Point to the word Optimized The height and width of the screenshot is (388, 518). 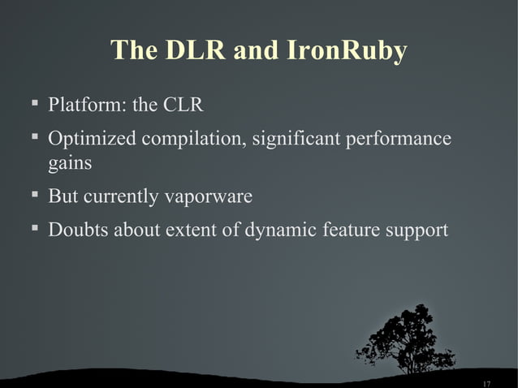[x=92, y=140]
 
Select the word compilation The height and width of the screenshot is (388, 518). [x=193, y=140]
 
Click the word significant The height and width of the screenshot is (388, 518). [x=296, y=140]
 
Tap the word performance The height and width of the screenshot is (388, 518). [x=399, y=140]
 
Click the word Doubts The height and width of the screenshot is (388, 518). [x=79, y=231]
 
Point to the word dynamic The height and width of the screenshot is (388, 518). [x=285, y=231]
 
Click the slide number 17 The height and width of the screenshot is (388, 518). [x=486, y=382]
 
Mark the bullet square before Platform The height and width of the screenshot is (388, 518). [x=34, y=104]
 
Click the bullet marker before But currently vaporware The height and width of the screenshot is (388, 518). [x=34, y=196]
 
